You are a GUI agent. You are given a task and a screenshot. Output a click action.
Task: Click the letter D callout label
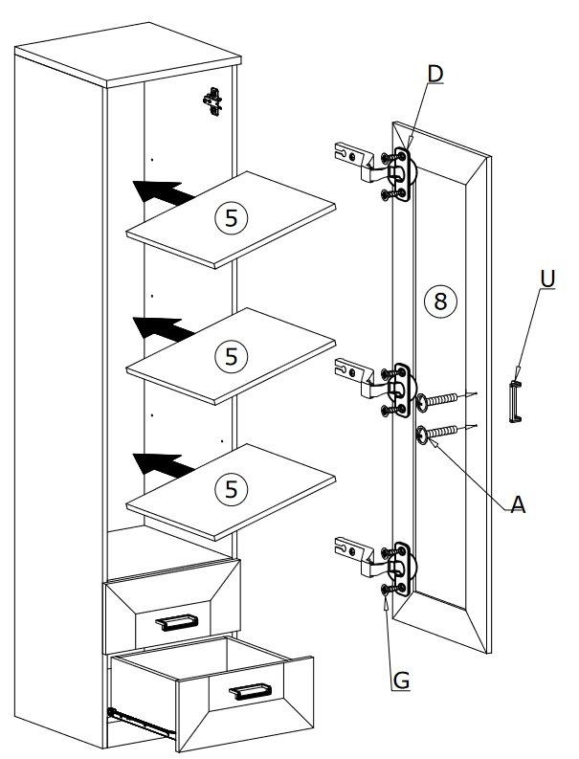point(435,74)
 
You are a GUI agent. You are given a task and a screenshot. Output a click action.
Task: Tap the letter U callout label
point(547,279)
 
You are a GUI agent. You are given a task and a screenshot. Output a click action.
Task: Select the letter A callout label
point(518,504)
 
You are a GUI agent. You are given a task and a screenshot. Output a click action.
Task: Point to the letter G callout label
point(401,681)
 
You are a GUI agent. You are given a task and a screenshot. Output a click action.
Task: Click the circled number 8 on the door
point(440,301)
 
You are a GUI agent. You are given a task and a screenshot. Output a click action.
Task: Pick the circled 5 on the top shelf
point(232,218)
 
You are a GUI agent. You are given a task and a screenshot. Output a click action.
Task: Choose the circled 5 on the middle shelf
point(232,356)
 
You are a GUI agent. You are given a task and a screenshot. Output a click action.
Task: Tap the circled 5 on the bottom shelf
point(232,489)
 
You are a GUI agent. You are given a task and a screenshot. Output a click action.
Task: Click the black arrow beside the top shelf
point(163,192)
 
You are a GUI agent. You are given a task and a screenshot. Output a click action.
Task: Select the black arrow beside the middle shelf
point(163,328)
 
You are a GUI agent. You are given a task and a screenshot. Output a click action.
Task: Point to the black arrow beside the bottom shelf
point(163,465)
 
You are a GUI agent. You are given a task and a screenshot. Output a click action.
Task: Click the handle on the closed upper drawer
point(177,622)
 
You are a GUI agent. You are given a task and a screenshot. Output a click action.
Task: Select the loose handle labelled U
point(515,401)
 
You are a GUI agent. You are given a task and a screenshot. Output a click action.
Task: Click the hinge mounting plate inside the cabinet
point(212,102)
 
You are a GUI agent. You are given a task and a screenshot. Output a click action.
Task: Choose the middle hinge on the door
point(377,388)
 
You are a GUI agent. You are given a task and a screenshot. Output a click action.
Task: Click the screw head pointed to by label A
point(422,435)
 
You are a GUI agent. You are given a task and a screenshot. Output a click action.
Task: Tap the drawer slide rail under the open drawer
point(142,724)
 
